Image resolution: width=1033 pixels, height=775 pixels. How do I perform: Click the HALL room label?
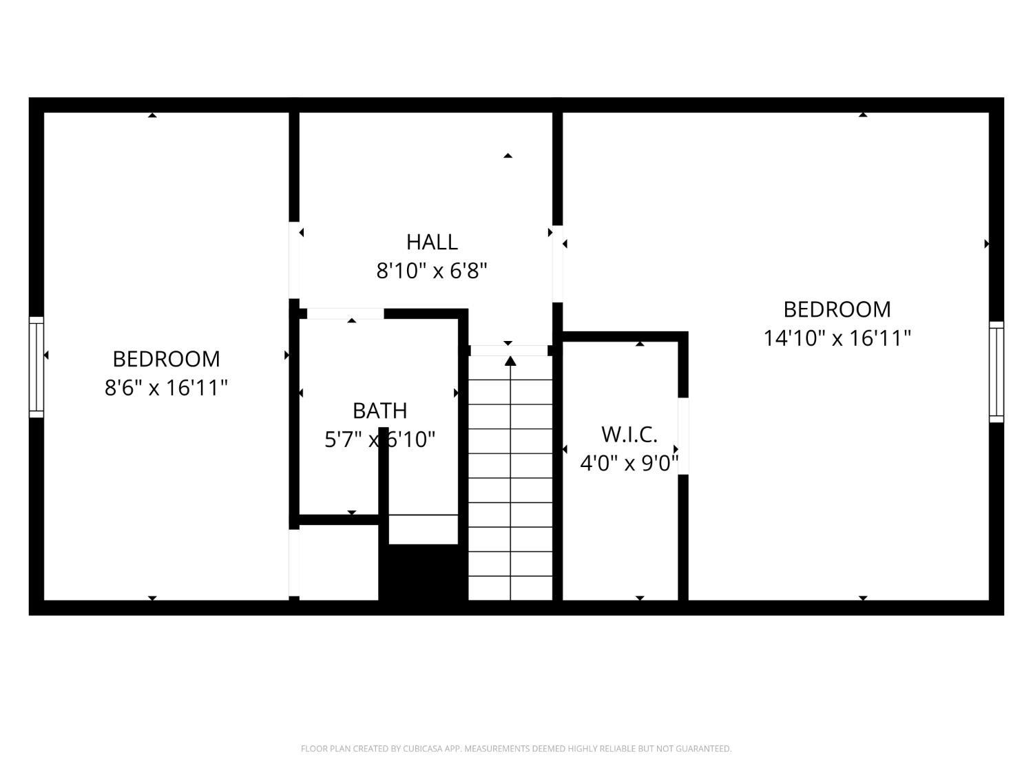click(432, 242)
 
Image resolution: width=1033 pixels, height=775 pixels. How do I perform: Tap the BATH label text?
click(379, 411)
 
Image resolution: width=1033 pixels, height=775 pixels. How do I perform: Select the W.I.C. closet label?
click(629, 435)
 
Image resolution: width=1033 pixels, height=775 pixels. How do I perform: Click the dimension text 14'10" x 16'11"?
click(837, 338)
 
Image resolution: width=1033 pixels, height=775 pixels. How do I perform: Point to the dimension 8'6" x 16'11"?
click(166, 388)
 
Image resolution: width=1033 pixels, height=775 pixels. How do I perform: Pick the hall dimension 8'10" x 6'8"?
click(432, 271)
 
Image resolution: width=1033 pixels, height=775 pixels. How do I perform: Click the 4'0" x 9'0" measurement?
click(629, 463)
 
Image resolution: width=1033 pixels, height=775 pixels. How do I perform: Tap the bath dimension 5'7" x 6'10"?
click(379, 440)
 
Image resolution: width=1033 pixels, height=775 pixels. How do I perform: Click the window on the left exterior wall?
click(36, 367)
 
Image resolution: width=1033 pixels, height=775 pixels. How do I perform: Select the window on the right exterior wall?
click(997, 372)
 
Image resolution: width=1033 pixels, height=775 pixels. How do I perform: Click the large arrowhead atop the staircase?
click(510, 361)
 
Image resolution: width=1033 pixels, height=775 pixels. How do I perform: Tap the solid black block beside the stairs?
click(423, 573)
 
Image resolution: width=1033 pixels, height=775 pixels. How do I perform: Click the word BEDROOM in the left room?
click(166, 359)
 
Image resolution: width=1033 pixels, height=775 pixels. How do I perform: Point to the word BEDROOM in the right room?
click(837, 309)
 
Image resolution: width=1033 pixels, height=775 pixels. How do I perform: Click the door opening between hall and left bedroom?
click(294, 260)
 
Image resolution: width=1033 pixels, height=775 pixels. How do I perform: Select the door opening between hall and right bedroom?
click(558, 264)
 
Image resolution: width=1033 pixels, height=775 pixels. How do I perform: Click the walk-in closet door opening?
click(683, 436)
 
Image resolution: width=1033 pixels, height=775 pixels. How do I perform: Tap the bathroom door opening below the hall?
click(345, 313)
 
